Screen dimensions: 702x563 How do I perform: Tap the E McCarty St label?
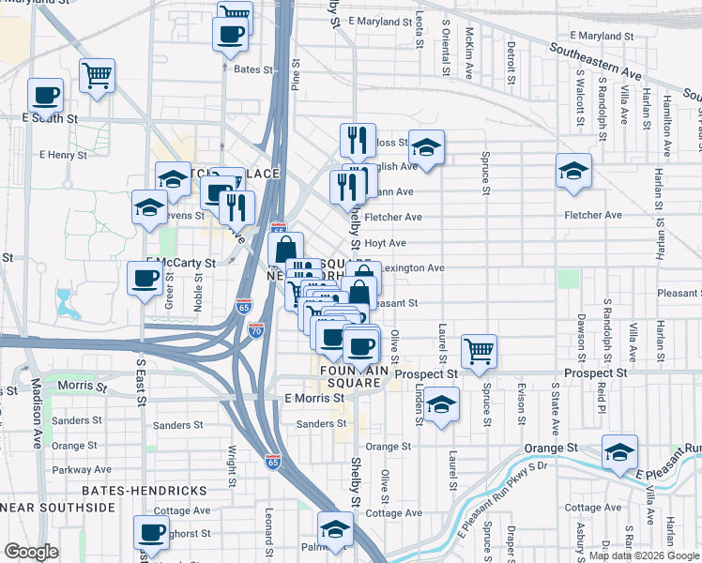tap(181, 264)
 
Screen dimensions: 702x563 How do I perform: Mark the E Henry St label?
tap(63, 153)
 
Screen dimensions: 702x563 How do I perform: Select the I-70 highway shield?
tap(256, 330)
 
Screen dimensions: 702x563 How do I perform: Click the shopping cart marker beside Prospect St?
tap(479, 352)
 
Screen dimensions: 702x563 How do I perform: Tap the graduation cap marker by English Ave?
tap(426, 147)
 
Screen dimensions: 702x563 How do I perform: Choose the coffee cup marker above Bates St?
tap(230, 36)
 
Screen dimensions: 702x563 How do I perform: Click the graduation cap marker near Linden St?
tap(440, 404)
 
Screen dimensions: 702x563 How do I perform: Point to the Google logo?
tap(32, 553)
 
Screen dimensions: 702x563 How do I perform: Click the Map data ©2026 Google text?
tap(643, 555)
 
